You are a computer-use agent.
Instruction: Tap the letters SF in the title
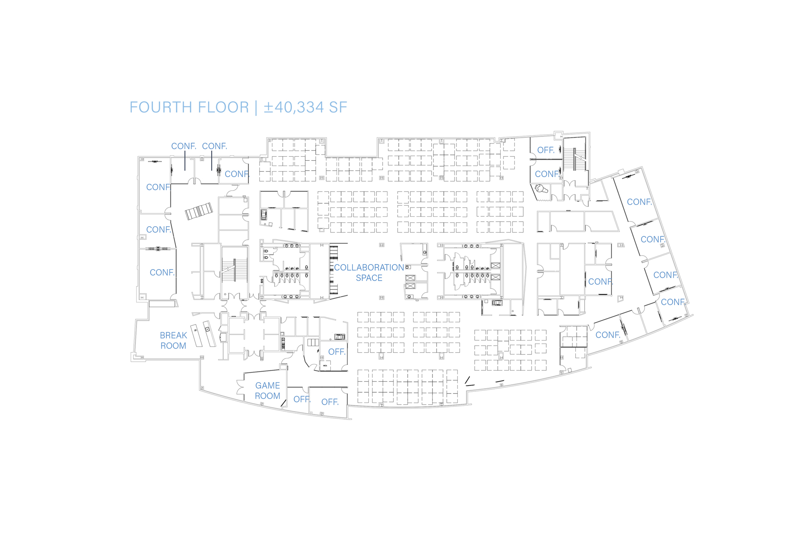coord(337,108)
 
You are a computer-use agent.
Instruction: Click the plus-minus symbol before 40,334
coord(268,108)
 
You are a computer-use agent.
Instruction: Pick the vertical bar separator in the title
coord(256,108)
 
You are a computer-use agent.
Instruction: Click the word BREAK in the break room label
coord(173,335)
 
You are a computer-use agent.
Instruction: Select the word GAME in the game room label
coord(268,385)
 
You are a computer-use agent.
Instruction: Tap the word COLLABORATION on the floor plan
coord(369,268)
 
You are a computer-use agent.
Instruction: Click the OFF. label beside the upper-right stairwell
coord(545,150)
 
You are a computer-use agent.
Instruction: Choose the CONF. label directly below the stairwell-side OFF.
coord(547,174)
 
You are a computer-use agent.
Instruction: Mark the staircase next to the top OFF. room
coord(574,159)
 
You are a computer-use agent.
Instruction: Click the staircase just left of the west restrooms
coord(234,270)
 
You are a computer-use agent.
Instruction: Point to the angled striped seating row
coord(199,211)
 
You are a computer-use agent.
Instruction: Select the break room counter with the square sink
coord(209,333)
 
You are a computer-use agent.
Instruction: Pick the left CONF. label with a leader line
coord(183,146)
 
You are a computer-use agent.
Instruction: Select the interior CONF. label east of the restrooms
coord(600,282)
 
